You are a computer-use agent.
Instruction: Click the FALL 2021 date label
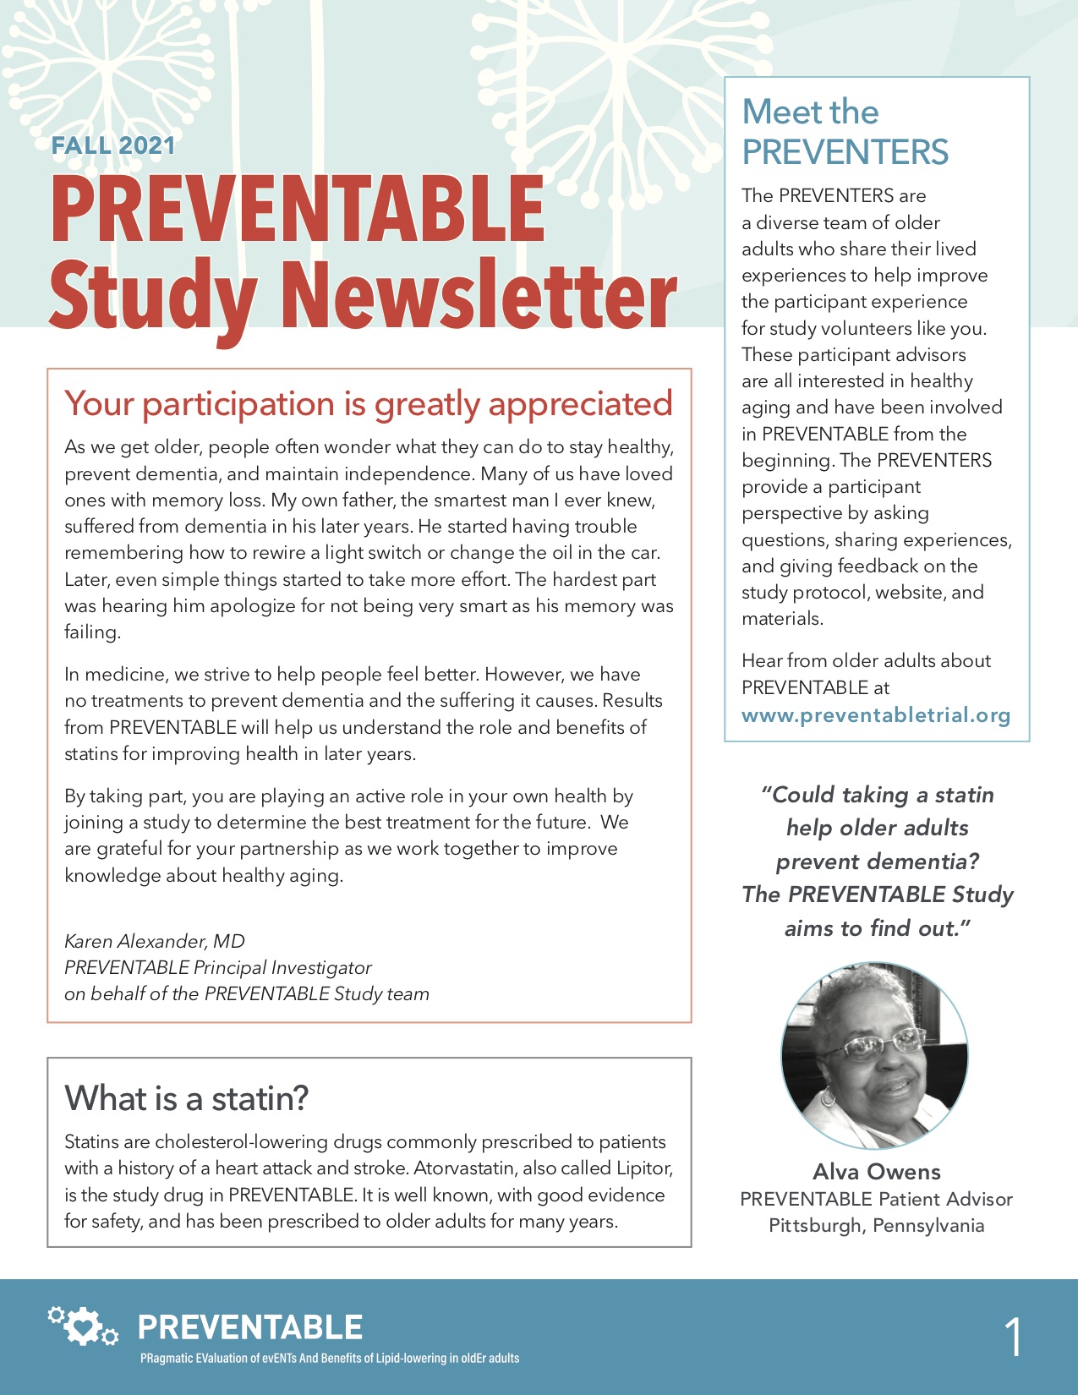tap(113, 145)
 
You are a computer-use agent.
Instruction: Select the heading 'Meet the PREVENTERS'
tap(845, 132)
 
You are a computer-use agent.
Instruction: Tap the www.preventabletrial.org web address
tap(876, 715)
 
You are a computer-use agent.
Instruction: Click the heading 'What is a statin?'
tap(187, 1098)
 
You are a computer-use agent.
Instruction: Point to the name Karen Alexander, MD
tap(155, 941)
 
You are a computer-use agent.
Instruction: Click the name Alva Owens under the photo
tap(876, 1172)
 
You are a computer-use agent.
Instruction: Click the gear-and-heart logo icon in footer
tap(83, 1327)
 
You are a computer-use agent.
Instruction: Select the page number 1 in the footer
tap(1013, 1338)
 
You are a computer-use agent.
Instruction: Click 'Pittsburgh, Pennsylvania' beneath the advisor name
tap(876, 1225)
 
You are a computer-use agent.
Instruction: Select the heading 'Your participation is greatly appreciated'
tap(369, 404)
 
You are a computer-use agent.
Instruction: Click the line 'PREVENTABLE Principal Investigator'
tap(218, 967)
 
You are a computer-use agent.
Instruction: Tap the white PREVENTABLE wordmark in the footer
tap(250, 1327)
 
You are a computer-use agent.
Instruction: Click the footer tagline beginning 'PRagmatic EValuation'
tap(330, 1359)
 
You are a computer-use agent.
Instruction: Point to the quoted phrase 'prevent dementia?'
tap(877, 862)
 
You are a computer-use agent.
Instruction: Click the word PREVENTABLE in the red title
tap(298, 210)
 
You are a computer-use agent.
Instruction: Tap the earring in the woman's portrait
tap(829, 1097)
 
